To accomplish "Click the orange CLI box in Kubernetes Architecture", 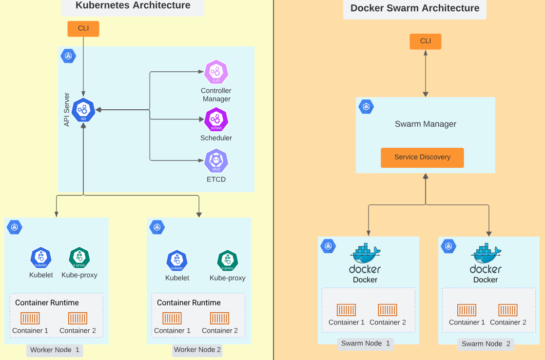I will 83,29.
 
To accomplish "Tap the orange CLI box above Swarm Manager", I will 425,41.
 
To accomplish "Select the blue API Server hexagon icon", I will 83,110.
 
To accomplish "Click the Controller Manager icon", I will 216,72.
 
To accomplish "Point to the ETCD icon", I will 216,161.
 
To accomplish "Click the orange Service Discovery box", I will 422,158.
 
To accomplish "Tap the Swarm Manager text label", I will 426,124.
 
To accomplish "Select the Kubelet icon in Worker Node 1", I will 41,258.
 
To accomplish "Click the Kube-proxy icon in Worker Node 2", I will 227,261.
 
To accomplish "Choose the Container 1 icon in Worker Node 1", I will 30,319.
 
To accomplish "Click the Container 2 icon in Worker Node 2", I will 219,319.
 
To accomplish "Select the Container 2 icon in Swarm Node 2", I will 508,310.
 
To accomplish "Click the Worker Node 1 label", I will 55,350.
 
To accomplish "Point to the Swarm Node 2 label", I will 486,344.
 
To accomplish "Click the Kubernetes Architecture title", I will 133,6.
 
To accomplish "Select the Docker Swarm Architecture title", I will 415,8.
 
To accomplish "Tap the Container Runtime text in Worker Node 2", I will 189,303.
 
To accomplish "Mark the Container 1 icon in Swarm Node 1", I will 346,310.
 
